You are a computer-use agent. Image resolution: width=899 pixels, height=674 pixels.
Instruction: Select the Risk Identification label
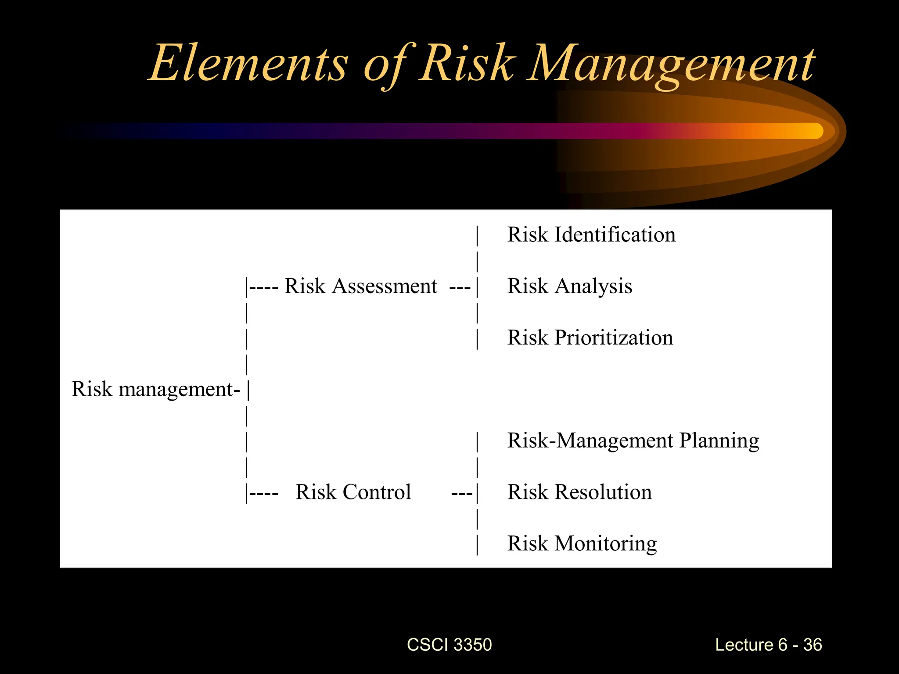click(591, 235)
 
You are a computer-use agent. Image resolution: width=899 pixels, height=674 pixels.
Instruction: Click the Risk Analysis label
click(570, 287)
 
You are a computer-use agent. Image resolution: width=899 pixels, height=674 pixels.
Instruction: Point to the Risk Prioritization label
click(590, 338)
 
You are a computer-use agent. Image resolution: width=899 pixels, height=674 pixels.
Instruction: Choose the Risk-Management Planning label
click(633, 441)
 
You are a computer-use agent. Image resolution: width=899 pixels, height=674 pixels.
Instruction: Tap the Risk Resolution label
click(579, 492)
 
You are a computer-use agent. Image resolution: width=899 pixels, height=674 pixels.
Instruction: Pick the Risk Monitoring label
click(582, 544)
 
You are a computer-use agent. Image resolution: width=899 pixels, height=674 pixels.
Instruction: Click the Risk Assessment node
click(361, 287)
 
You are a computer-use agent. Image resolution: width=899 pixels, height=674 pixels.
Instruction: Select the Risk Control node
click(353, 492)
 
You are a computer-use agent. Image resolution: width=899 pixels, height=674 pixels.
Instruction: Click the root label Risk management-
click(156, 390)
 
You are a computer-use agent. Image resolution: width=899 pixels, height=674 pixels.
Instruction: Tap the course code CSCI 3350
click(449, 645)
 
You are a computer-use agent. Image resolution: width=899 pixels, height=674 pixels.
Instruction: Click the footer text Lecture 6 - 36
click(768, 645)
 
